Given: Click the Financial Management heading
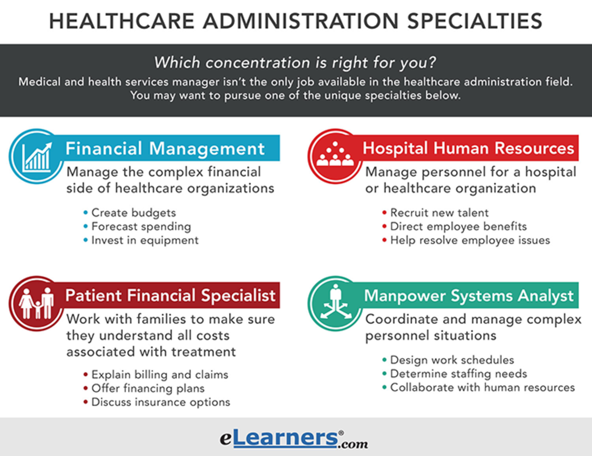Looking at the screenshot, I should (166, 148).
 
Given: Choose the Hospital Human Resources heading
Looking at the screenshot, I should (468, 148).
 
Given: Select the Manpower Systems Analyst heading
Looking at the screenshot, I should (469, 295).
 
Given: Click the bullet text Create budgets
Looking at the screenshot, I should (133, 212).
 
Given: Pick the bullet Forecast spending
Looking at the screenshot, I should (141, 226).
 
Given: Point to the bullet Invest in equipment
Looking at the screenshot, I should (145, 240).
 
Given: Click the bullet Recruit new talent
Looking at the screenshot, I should (439, 212).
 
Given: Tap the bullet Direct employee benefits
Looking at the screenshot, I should (458, 226).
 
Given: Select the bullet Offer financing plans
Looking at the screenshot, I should (148, 388).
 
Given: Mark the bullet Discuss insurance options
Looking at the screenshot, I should (160, 402).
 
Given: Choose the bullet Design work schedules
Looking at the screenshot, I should (452, 359).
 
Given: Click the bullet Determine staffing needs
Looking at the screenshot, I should (458, 373).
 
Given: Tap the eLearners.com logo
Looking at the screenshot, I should (294, 438).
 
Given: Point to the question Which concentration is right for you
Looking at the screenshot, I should (296, 63).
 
